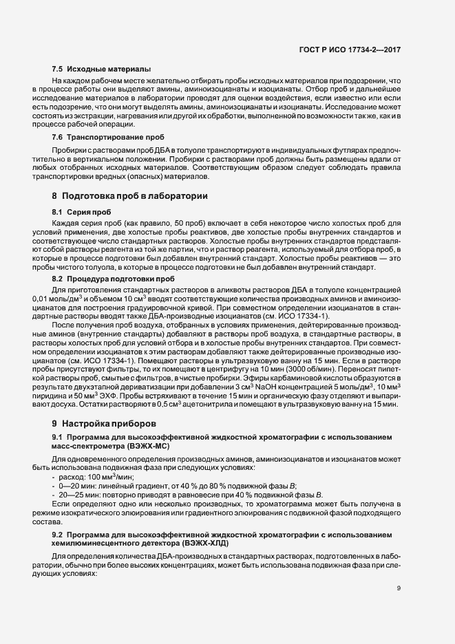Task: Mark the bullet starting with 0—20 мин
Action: point(178,485)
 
